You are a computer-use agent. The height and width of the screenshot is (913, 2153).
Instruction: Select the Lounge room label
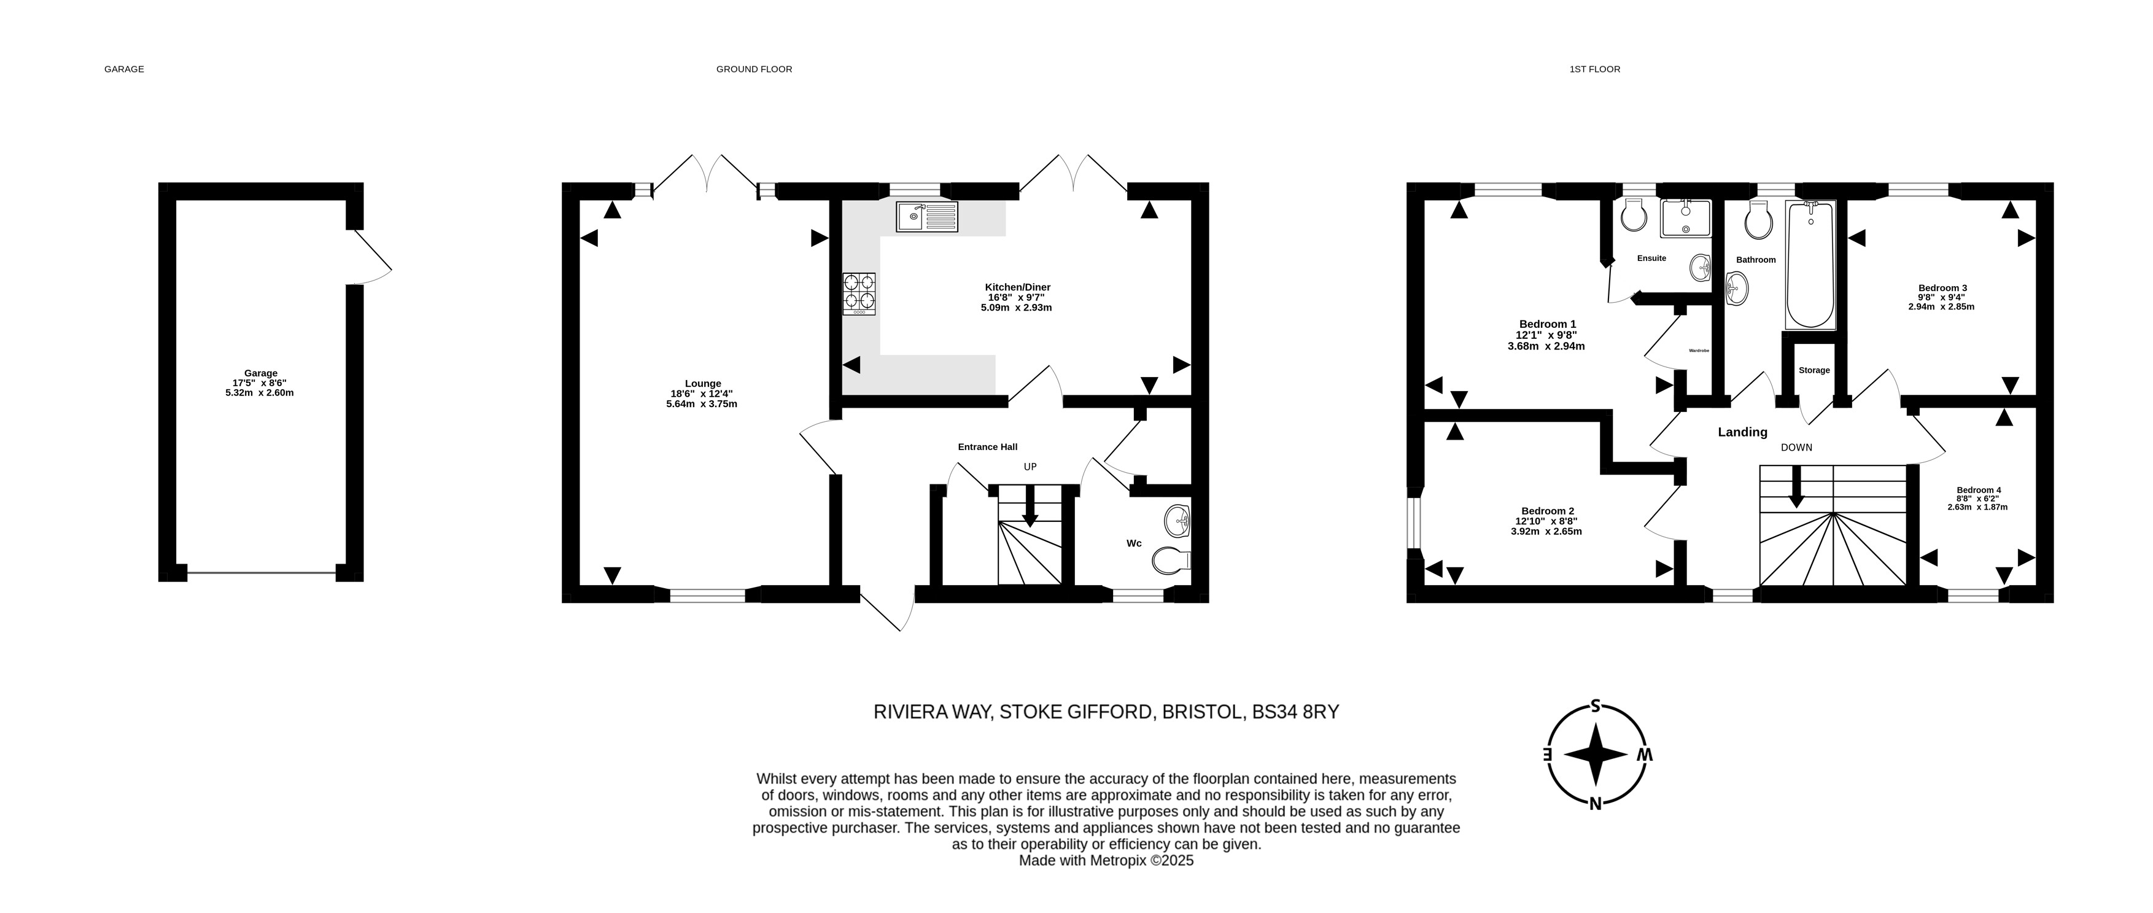(702, 384)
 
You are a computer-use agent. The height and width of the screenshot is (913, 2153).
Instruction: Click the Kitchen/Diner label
(1017, 287)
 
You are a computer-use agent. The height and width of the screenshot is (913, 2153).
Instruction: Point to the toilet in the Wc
(1171, 559)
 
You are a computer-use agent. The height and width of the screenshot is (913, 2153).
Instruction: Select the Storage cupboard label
(1815, 370)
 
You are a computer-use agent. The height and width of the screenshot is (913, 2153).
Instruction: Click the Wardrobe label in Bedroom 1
(1699, 351)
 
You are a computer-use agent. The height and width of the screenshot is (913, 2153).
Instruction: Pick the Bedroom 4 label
(1979, 490)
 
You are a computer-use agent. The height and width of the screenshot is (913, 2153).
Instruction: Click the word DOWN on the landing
(1797, 448)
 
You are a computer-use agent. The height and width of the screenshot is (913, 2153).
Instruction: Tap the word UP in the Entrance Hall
(1031, 467)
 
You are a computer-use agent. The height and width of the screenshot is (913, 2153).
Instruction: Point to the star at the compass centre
(1596, 755)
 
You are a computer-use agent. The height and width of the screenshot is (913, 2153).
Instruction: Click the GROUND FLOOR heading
(754, 69)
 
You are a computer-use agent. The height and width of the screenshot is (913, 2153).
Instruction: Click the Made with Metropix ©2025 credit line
(1106, 860)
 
